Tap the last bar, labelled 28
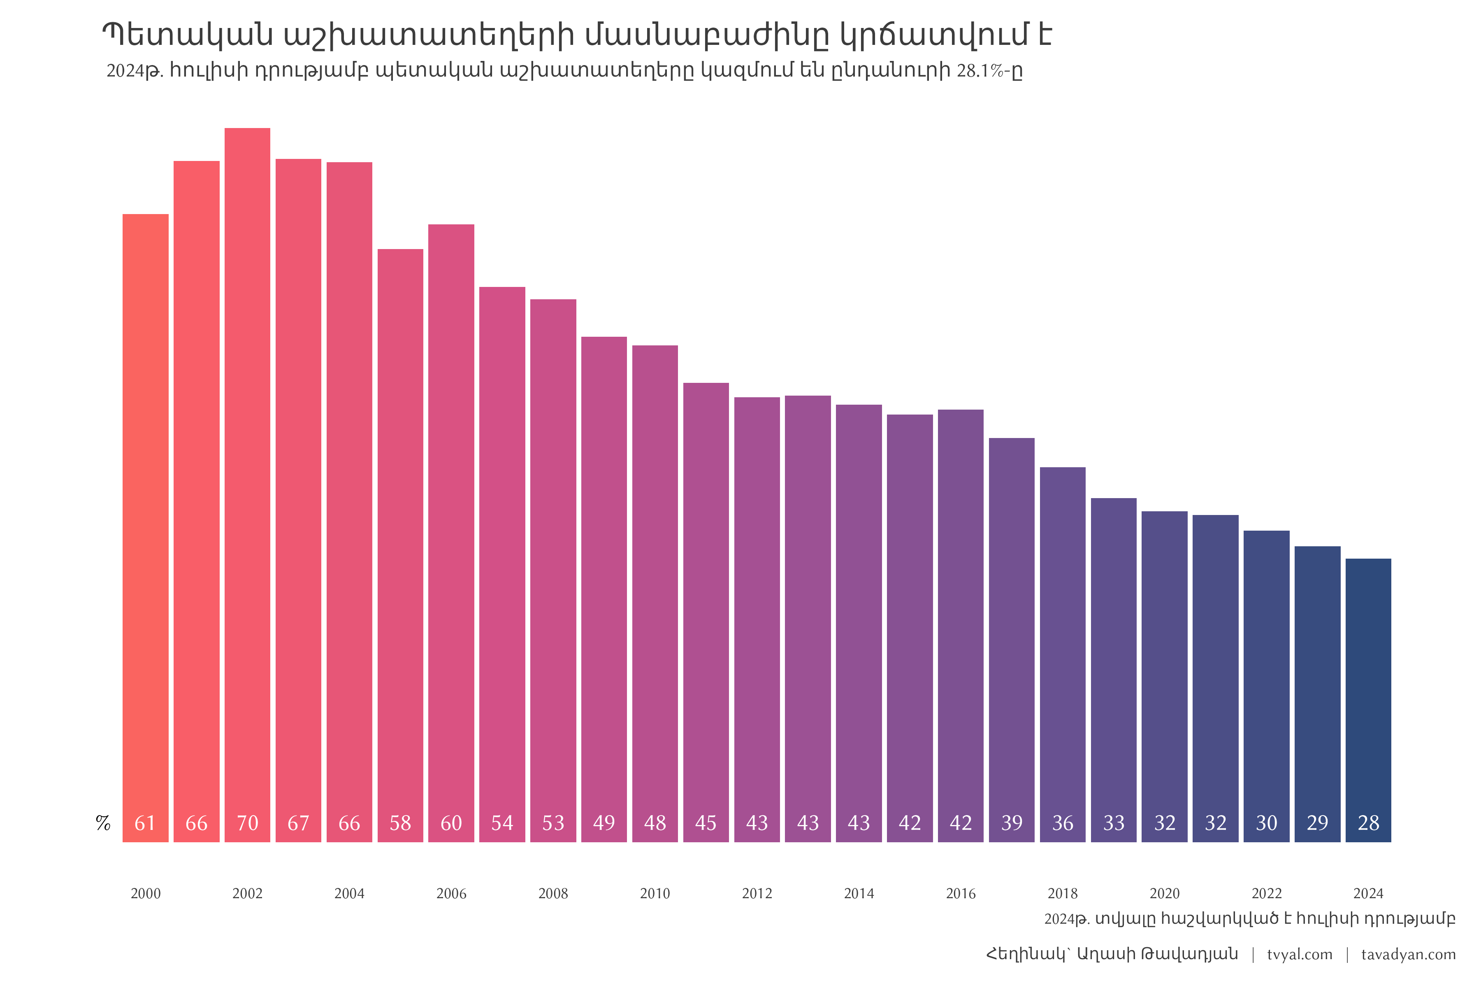click(1368, 693)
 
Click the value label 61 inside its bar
click(146, 823)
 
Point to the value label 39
click(1012, 823)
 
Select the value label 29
click(1317, 823)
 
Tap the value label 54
click(502, 823)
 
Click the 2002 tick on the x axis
click(248, 893)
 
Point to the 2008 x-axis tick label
click(553, 893)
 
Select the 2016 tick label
click(961, 893)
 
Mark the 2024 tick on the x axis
click(1368, 893)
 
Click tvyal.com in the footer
click(1300, 955)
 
